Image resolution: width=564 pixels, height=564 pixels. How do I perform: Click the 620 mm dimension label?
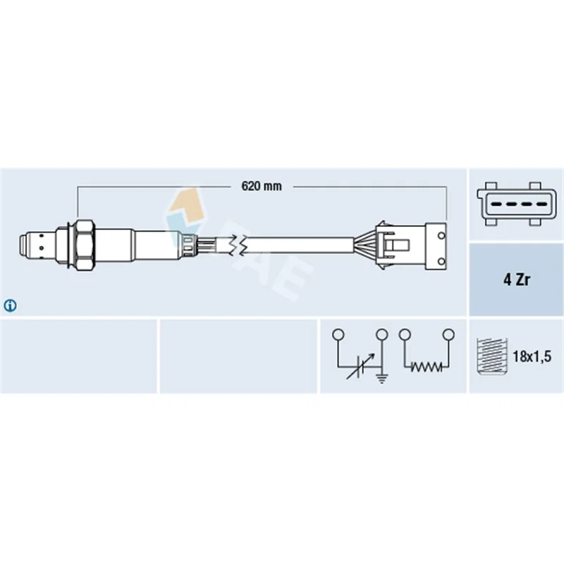262,186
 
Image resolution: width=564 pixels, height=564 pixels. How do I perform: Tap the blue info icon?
10,306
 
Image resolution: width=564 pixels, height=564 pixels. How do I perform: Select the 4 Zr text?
517,279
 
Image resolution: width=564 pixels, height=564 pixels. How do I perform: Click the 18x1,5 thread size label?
532,357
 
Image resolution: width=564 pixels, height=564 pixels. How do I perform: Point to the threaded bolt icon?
491,357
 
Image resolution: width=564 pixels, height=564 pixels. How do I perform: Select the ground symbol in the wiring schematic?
381,379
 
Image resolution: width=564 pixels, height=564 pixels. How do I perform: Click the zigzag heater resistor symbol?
427,367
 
